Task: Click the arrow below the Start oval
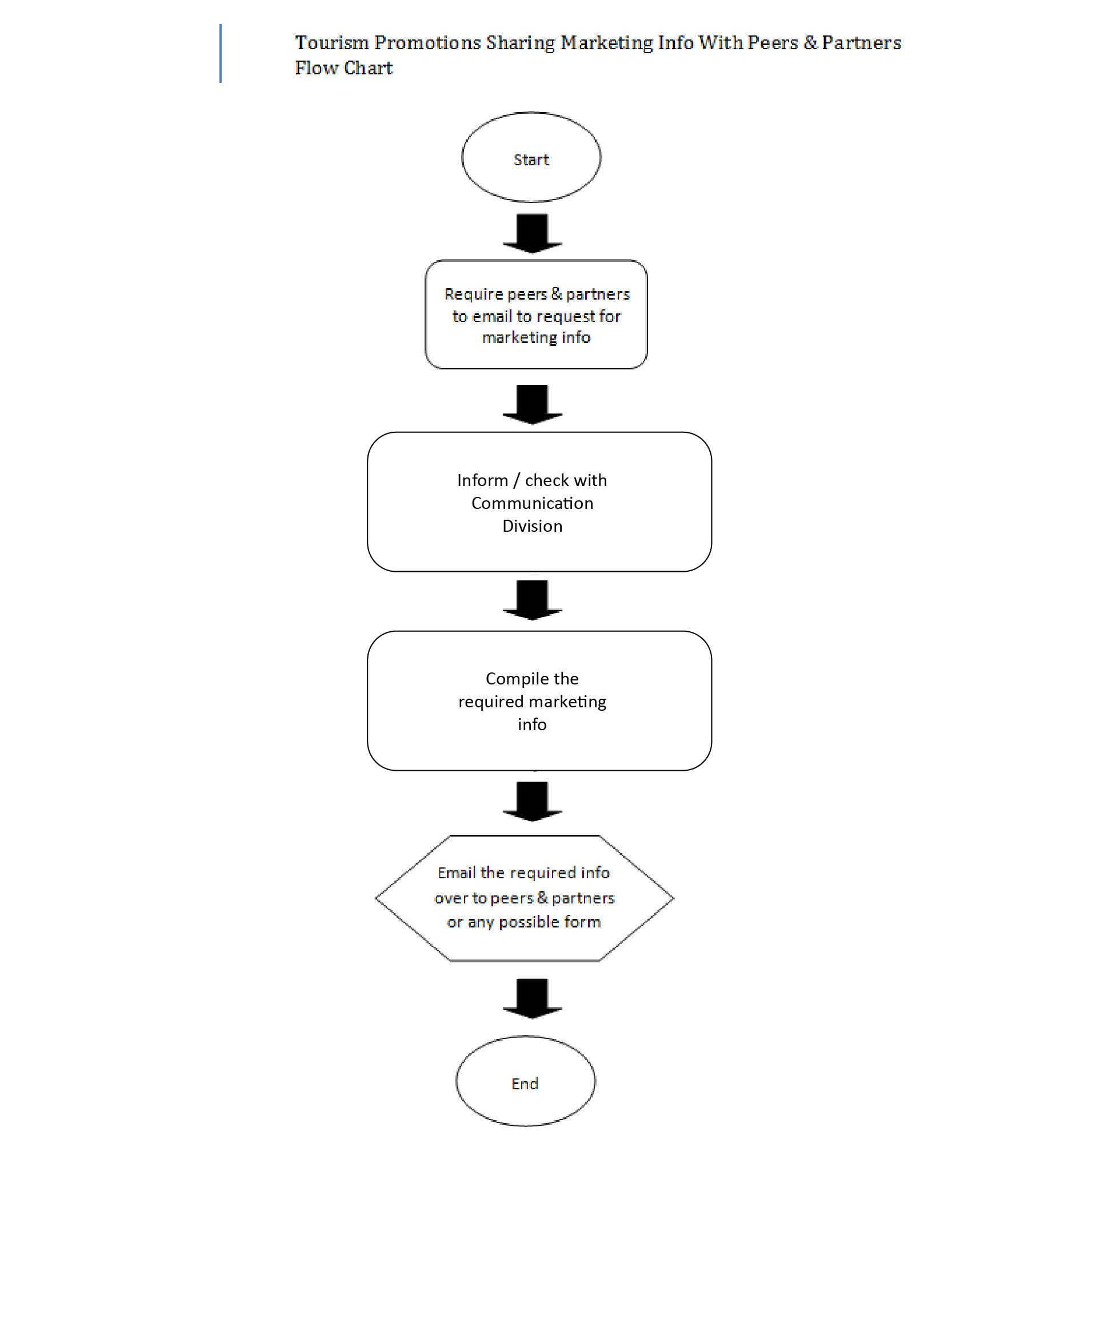(532, 234)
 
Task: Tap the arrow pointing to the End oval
(532, 998)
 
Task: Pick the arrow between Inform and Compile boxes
(532, 600)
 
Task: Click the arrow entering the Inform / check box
(532, 405)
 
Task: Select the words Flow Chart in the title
(344, 67)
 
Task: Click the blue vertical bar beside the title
(220, 53)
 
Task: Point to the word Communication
(532, 503)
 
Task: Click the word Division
(532, 525)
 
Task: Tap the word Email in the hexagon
(456, 873)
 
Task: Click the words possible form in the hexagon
(550, 922)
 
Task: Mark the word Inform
(482, 480)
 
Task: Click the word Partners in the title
(862, 42)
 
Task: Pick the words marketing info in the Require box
(537, 338)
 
